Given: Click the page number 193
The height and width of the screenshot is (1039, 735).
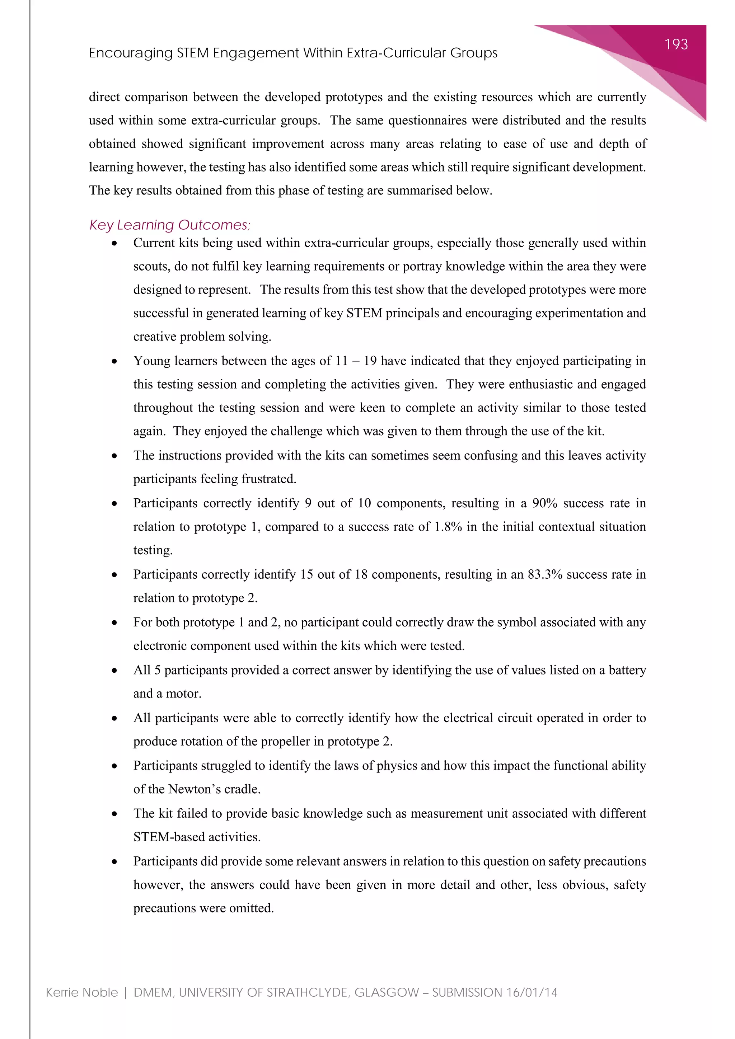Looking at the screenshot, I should click(676, 44).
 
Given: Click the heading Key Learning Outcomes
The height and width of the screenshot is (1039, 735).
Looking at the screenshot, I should click(169, 225).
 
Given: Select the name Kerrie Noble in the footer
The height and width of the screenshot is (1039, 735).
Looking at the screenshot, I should click(81, 992).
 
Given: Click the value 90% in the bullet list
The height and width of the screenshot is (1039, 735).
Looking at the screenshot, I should click(544, 503).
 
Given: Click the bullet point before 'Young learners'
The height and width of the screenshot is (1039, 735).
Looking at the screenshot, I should click(114, 361).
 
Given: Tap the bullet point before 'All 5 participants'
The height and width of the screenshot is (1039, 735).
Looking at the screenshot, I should click(114, 671).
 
